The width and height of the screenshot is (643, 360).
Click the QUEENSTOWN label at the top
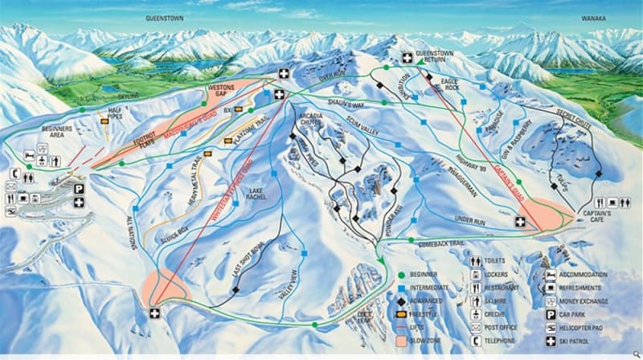(x=166, y=15)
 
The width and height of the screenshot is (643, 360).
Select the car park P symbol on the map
(x=79, y=188)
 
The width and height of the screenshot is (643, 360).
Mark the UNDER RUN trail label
(x=470, y=218)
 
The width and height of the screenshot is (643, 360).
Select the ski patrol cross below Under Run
(x=520, y=221)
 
